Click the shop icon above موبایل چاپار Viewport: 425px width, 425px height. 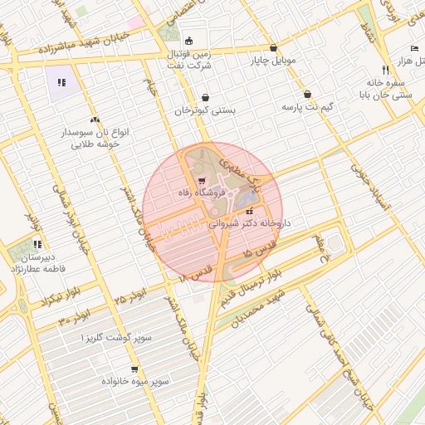coord(273,47)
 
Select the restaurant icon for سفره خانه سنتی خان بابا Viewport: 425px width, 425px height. coord(385,70)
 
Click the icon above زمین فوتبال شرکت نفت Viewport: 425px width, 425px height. coord(188,41)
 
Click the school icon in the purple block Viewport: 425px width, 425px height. coord(61,82)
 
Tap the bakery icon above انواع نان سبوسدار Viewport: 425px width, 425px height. coord(95,120)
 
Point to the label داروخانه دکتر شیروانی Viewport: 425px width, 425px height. coord(249,223)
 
